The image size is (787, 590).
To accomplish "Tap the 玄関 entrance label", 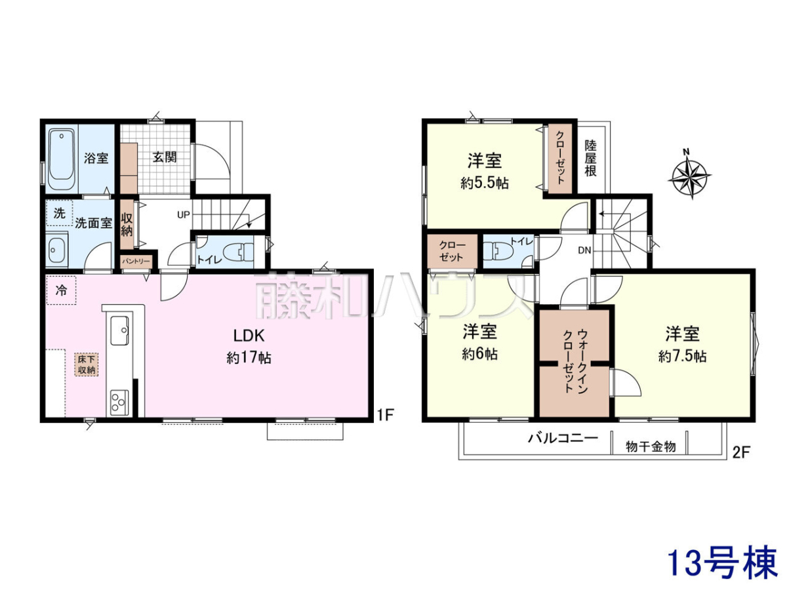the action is (165, 157).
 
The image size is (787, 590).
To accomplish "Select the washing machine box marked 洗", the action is (60, 213).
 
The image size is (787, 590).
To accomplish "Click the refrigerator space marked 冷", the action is (61, 290).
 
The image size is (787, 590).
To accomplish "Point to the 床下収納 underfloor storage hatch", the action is (87, 364).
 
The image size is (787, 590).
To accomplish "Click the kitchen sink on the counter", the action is (119, 330).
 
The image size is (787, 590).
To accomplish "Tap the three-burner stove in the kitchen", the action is (119, 403).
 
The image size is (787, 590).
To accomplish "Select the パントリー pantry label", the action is (136, 261).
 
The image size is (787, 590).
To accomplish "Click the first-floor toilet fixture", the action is (238, 252).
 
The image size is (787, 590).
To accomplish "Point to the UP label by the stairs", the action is (183, 215).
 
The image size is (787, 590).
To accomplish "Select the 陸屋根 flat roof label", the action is (591, 158).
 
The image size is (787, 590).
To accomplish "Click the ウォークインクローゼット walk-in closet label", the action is (575, 361).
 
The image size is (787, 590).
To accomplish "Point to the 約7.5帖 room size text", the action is (682, 357).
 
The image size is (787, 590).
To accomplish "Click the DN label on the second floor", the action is (584, 250).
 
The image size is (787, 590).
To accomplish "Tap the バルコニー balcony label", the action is (563, 438).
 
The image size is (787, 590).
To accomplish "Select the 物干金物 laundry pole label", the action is (651, 446).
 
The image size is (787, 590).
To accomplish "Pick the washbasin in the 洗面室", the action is (56, 250).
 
